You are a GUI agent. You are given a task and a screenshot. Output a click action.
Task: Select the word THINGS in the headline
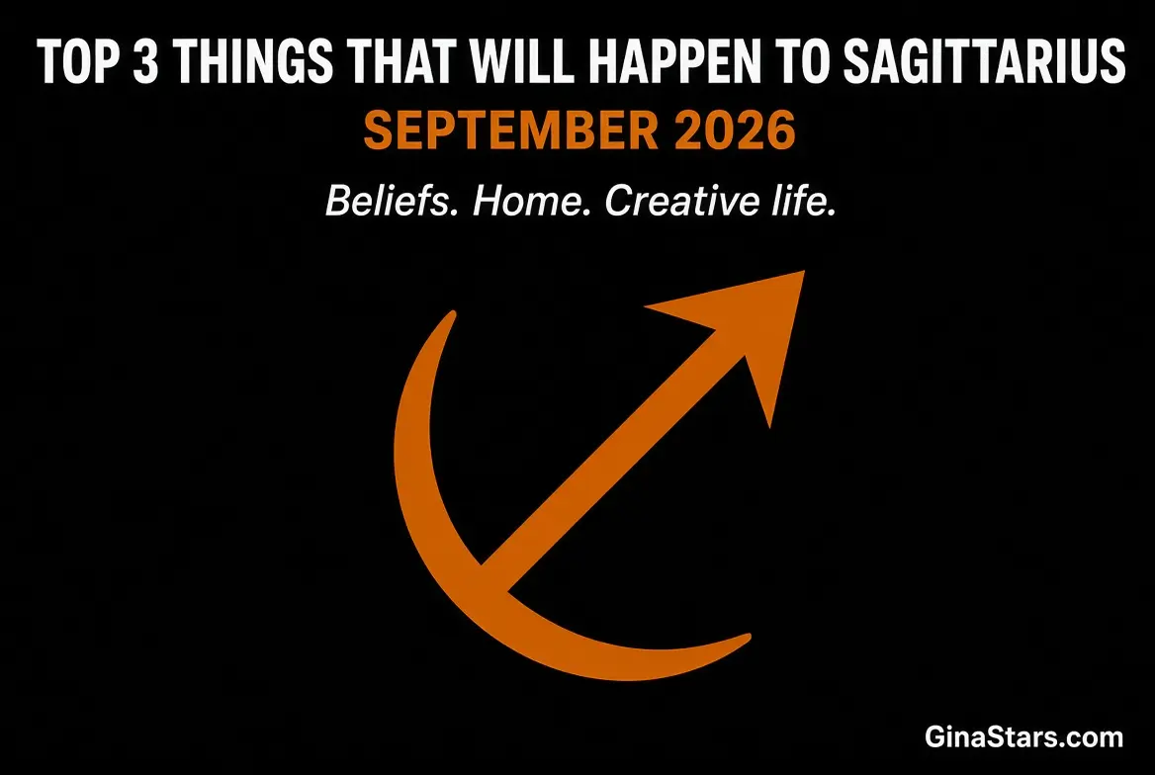255,61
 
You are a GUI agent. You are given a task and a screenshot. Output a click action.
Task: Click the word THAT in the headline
402,61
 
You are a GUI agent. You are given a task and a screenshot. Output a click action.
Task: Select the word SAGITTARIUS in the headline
984,61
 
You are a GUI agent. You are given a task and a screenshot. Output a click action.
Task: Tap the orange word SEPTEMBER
511,130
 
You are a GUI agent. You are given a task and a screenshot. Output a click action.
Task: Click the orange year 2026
735,130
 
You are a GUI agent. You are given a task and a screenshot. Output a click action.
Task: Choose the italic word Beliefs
389,201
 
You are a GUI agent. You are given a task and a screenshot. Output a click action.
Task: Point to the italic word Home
532,201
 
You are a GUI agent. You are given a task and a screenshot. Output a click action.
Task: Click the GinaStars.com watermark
1023,736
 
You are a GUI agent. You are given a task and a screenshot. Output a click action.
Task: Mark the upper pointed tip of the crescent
452,313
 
